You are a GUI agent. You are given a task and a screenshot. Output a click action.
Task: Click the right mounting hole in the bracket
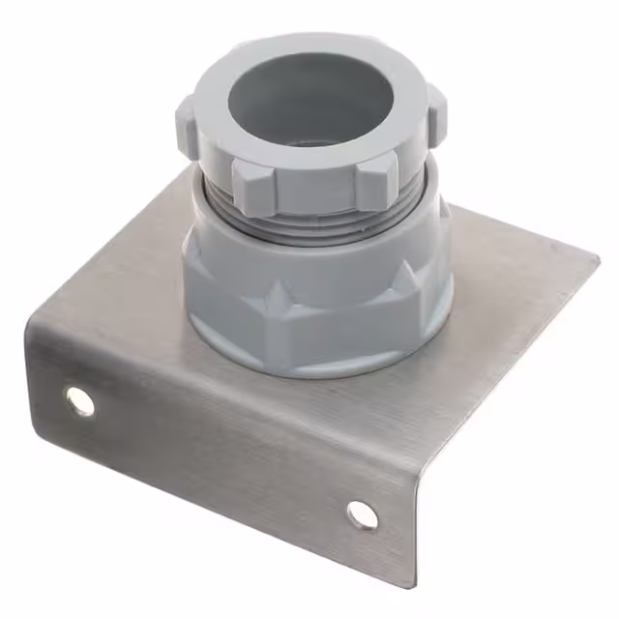[x=363, y=515]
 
